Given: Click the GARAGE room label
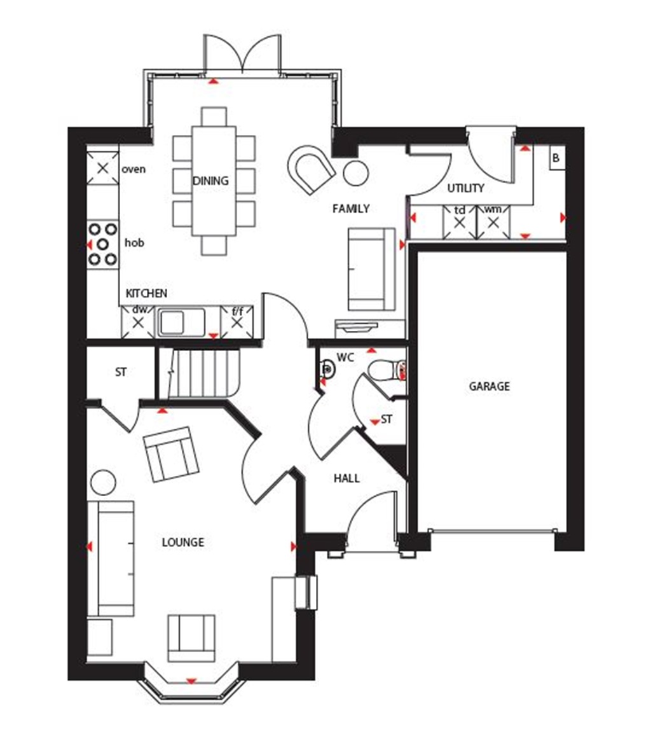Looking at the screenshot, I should (x=490, y=386).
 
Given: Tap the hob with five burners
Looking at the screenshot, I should (x=103, y=243).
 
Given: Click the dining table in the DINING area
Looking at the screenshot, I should (x=214, y=181).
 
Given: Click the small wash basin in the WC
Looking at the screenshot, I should (x=327, y=367).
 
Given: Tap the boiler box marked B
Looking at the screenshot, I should (x=556, y=158).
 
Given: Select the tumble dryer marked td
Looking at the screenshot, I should (x=459, y=223).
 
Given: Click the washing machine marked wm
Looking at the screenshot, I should (x=493, y=223).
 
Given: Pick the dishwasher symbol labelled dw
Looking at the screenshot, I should (x=138, y=322).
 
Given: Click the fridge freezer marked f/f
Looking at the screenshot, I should (x=237, y=322).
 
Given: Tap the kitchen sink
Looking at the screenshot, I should (x=181, y=323).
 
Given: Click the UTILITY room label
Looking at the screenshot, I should (x=465, y=188).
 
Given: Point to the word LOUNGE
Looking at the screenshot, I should (x=183, y=543).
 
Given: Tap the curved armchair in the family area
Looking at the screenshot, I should (x=311, y=169).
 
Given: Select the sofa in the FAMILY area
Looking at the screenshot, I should (x=371, y=269).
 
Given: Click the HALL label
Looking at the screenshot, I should (x=346, y=478).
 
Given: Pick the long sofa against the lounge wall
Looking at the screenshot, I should (x=111, y=559).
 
